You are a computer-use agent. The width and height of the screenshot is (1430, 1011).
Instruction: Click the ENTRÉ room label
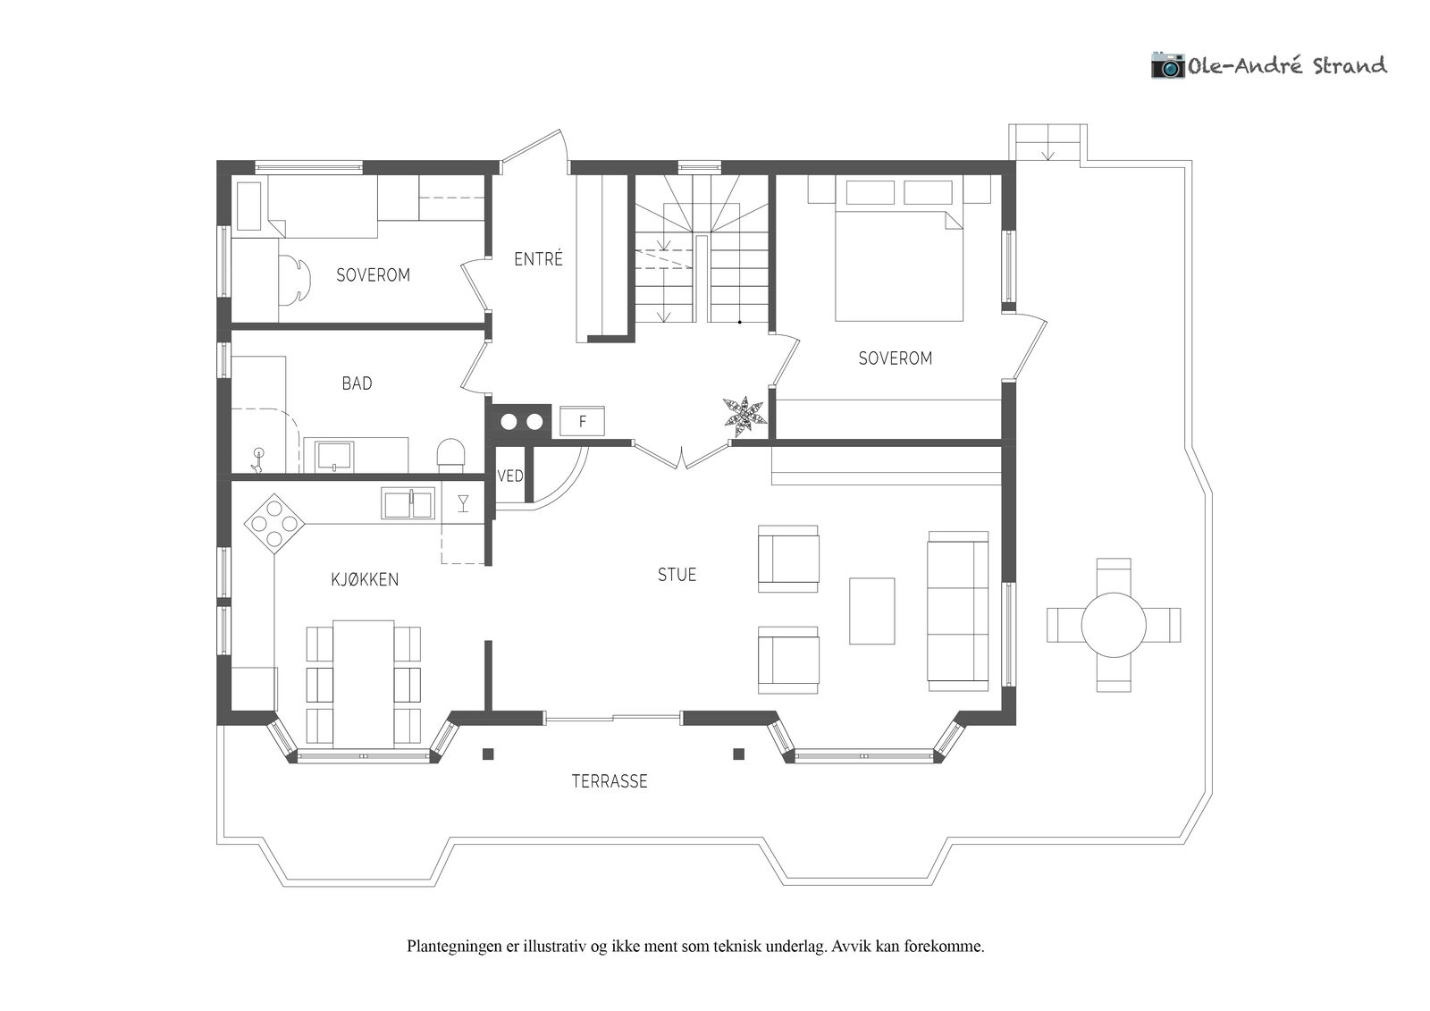click(538, 258)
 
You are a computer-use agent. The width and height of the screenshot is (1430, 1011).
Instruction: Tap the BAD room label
click(357, 383)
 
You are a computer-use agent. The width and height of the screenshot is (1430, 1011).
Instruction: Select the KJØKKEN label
click(365, 579)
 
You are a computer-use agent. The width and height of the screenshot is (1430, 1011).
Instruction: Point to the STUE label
click(677, 575)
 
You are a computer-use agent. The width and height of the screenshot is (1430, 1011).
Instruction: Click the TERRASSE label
click(609, 781)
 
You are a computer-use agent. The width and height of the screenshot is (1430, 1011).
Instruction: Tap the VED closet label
click(510, 476)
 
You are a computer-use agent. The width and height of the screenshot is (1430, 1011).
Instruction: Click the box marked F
click(582, 422)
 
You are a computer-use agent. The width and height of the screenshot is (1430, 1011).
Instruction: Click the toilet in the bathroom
click(450, 455)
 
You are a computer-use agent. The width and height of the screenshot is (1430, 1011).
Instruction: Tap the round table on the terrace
click(1114, 625)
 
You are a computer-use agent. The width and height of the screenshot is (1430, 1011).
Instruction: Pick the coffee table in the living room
click(871, 611)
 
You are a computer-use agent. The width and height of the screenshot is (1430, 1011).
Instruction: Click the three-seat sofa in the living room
click(958, 611)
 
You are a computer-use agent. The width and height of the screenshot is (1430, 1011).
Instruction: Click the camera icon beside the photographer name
click(1167, 65)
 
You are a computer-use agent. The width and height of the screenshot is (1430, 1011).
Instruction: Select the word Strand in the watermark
click(1350, 66)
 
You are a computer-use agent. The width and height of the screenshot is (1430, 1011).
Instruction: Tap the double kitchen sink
click(408, 503)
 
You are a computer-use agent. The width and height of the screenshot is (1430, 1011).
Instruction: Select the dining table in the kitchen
click(363, 683)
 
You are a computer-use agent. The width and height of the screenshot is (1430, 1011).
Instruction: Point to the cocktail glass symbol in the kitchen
click(464, 503)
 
